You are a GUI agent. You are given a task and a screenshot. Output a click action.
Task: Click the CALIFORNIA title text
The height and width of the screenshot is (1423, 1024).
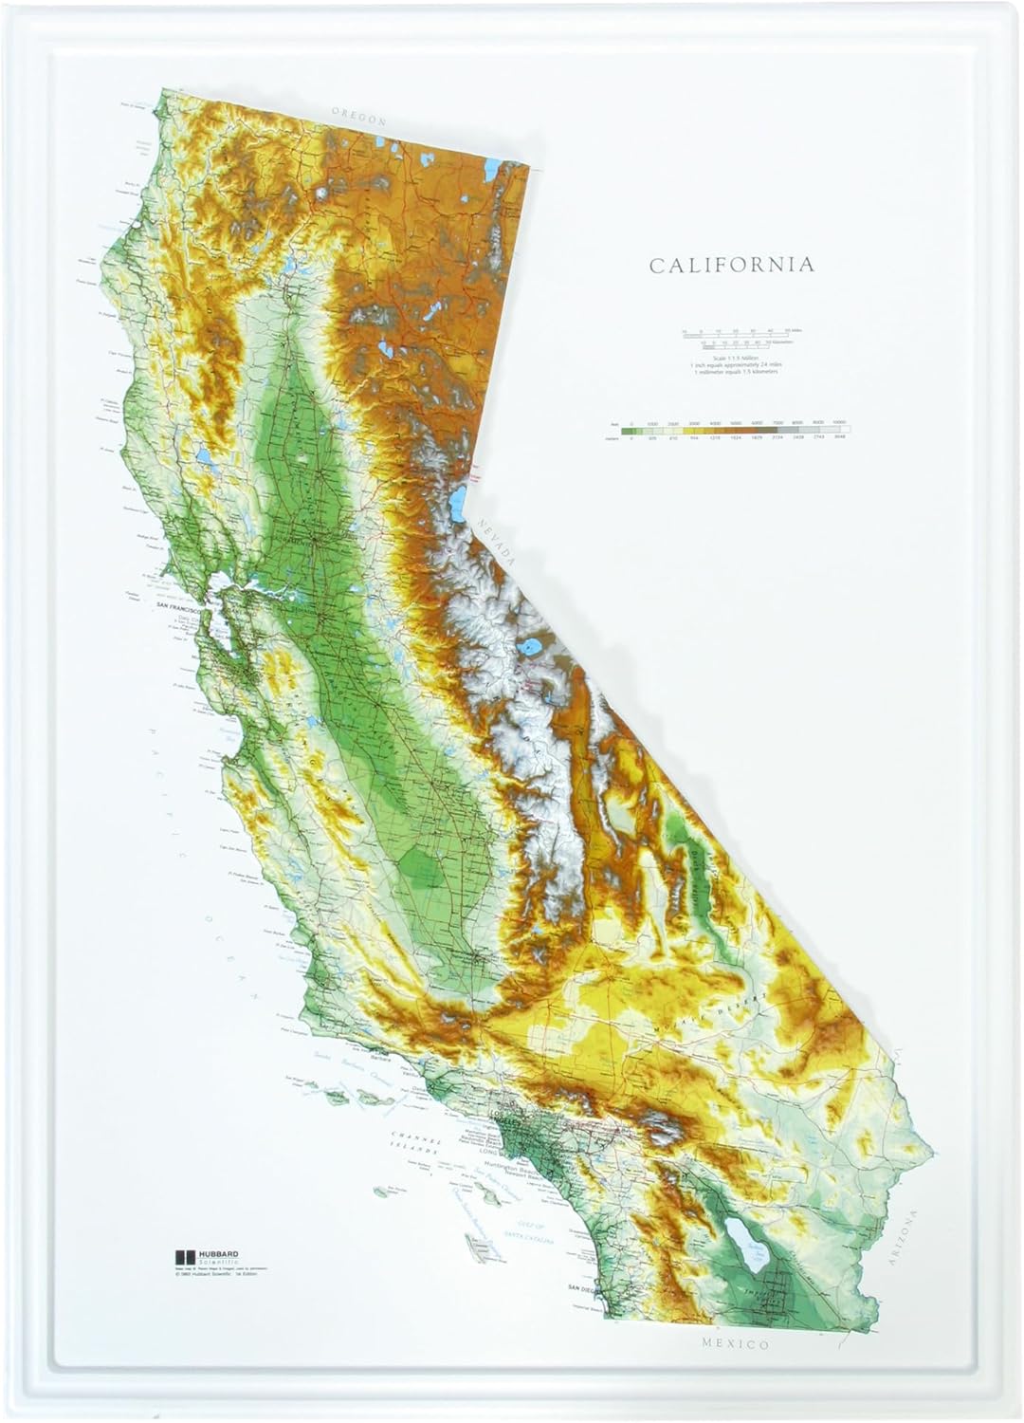(731, 265)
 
